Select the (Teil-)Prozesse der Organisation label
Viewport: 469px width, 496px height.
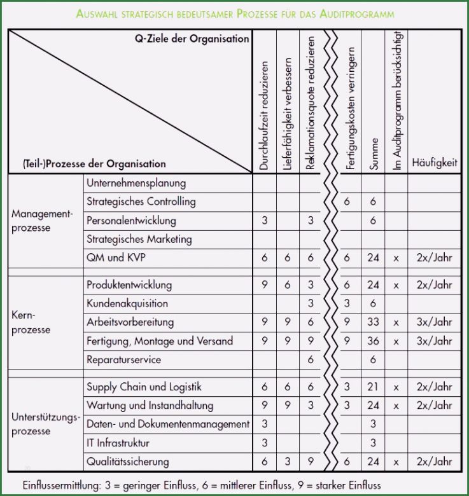(x=94, y=163)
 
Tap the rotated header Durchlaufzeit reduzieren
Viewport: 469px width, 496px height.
(x=264, y=115)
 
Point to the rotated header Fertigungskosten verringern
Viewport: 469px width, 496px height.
(x=350, y=105)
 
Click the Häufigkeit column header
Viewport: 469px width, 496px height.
(x=434, y=163)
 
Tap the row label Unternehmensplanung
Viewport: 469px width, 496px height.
(x=136, y=183)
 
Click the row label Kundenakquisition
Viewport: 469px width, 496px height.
(x=127, y=303)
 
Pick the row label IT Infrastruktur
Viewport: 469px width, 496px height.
(x=118, y=443)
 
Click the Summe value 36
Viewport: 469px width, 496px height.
(x=373, y=341)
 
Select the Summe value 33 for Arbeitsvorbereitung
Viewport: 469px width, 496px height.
(x=373, y=322)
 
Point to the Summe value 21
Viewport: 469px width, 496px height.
(x=373, y=387)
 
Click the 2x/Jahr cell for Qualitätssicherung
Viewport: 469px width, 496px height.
(x=434, y=462)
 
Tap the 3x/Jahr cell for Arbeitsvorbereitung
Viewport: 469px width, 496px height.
(x=434, y=322)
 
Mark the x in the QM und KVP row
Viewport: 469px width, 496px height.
(x=396, y=258)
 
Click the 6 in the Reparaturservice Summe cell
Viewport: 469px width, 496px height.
(x=373, y=360)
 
